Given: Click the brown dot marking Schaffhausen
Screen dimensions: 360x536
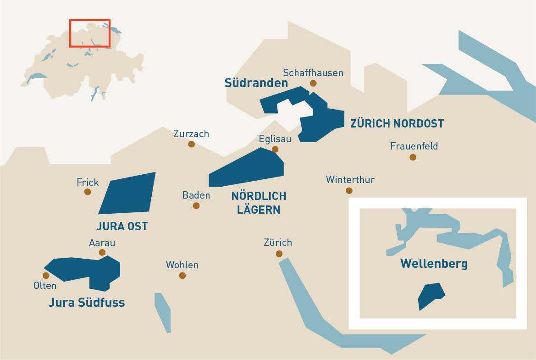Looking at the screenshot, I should pyautogui.click(x=313, y=83).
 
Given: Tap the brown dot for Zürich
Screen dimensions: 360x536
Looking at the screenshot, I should pyautogui.click(x=279, y=254).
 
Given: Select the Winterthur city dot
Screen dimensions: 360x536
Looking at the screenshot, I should pyautogui.click(x=349, y=190).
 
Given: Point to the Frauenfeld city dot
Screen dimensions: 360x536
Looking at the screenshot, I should pyautogui.click(x=413, y=157).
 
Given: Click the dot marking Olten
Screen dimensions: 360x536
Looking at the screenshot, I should pyautogui.click(x=46, y=276).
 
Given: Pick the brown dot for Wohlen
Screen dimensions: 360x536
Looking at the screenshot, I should pyautogui.click(x=182, y=276).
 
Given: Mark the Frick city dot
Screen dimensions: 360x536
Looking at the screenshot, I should pyautogui.click(x=88, y=192).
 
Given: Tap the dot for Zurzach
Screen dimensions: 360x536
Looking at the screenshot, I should pyautogui.click(x=191, y=144).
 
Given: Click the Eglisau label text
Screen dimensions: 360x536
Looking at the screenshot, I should pyautogui.click(x=275, y=139).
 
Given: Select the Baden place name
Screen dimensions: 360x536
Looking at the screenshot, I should pyautogui.click(x=196, y=195).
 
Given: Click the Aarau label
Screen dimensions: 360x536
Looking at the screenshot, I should pyautogui.click(x=102, y=243).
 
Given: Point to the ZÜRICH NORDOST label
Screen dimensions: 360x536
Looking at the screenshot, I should pyautogui.click(x=397, y=123).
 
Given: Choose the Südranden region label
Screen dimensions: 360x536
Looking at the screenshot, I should pyautogui.click(x=256, y=83).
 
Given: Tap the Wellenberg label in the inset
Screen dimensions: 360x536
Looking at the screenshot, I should pyautogui.click(x=434, y=264).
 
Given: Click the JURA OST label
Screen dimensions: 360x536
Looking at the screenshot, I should pyautogui.click(x=122, y=226).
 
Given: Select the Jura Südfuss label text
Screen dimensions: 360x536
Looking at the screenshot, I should pyautogui.click(x=87, y=303).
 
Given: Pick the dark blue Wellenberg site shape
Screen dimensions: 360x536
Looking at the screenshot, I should pyautogui.click(x=430, y=295).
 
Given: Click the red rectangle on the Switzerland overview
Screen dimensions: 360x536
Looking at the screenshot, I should pyautogui.click(x=90, y=20).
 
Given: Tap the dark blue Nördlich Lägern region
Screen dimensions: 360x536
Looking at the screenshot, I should pyautogui.click(x=250, y=170).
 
